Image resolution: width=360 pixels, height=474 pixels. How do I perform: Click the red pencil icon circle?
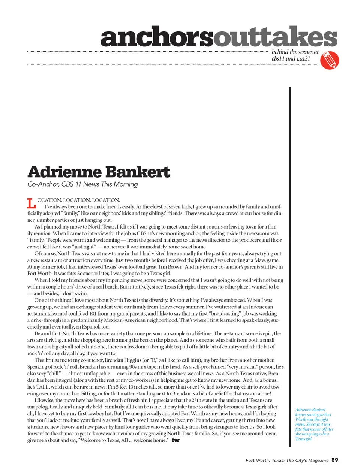coord(330,60)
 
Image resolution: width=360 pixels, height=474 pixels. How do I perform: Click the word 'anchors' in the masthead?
coord(156,37)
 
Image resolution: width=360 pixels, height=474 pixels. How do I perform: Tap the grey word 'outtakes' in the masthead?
coord(275,37)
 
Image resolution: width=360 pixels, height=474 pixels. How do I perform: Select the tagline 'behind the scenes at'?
coord(295,52)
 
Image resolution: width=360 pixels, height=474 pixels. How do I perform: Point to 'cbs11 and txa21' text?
coord(291,58)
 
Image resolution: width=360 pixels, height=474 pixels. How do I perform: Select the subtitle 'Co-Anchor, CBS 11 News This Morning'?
coord(82,184)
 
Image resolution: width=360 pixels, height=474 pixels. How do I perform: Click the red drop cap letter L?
coord(31,203)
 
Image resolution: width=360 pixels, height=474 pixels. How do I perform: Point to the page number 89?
coord(335,460)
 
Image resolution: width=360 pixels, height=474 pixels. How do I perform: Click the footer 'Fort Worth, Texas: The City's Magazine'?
coord(287,460)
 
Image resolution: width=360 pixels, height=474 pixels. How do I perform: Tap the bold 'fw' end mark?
coord(175,440)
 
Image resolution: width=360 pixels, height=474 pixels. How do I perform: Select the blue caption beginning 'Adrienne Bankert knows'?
coord(313,424)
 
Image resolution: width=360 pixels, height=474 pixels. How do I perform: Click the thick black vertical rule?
coord(290,266)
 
